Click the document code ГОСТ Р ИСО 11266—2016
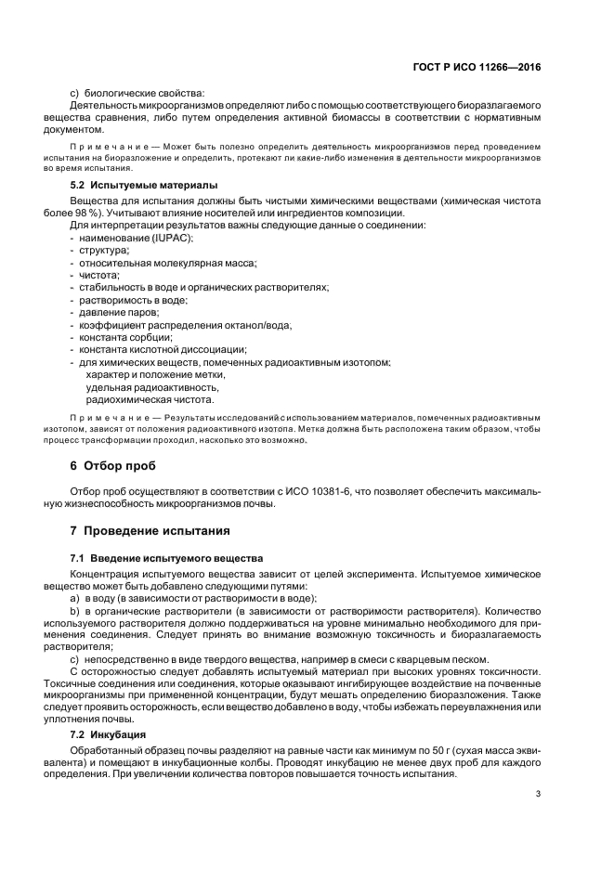[x=478, y=68]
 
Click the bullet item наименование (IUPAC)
[x=135, y=239]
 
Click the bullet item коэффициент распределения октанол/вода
[x=185, y=325]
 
